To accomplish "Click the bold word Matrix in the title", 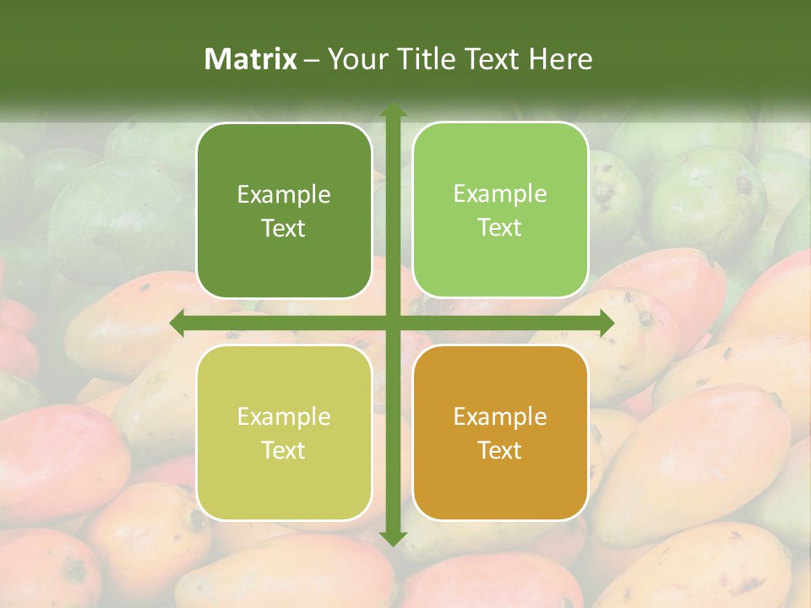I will pos(251,59).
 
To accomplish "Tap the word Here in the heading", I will pos(561,59).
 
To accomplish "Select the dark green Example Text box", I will pos(284,210).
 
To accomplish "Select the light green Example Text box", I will pos(500,210).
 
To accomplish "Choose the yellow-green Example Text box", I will pos(284,432).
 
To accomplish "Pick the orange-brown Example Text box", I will pos(500,432).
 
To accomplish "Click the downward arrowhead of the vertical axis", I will pos(392,539).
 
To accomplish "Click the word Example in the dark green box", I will pos(284,195).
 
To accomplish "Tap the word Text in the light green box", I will pos(500,228).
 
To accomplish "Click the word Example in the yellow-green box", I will pos(284,417).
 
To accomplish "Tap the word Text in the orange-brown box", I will pos(500,450).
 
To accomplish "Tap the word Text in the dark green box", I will pos(284,228).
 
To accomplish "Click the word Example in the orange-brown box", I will pos(500,417).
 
